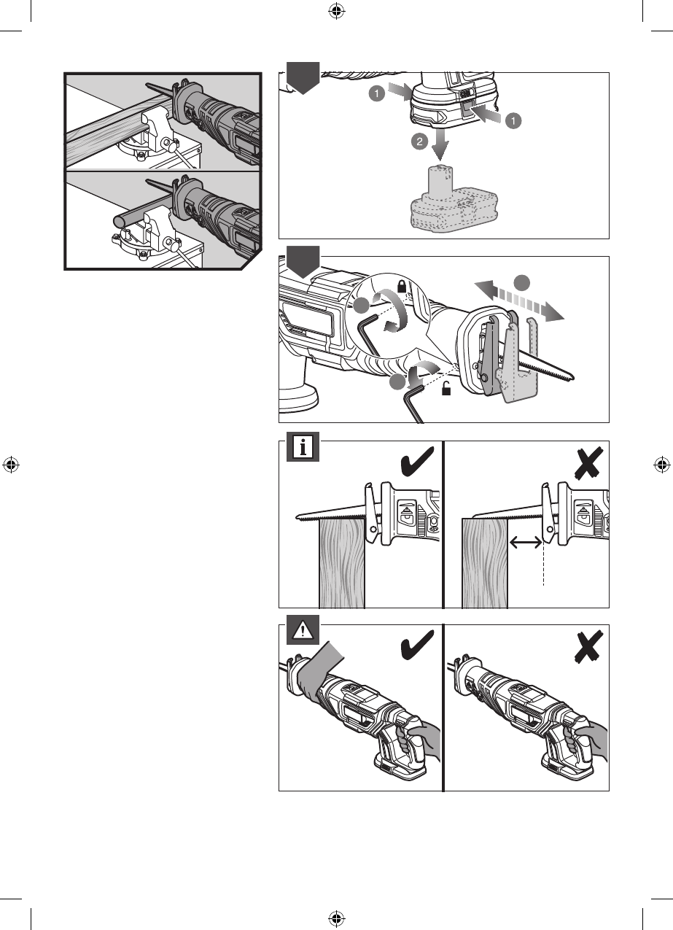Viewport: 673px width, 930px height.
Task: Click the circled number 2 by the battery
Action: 419,143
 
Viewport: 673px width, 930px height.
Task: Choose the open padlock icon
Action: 446,390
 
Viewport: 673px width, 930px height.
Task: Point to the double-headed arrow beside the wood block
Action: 525,542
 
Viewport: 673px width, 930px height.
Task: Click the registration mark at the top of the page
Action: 336,11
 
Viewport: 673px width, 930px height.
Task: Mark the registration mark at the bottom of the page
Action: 336,918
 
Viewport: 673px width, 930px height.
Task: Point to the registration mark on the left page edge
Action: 11,465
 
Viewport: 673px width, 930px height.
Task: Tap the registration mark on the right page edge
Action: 661,465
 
